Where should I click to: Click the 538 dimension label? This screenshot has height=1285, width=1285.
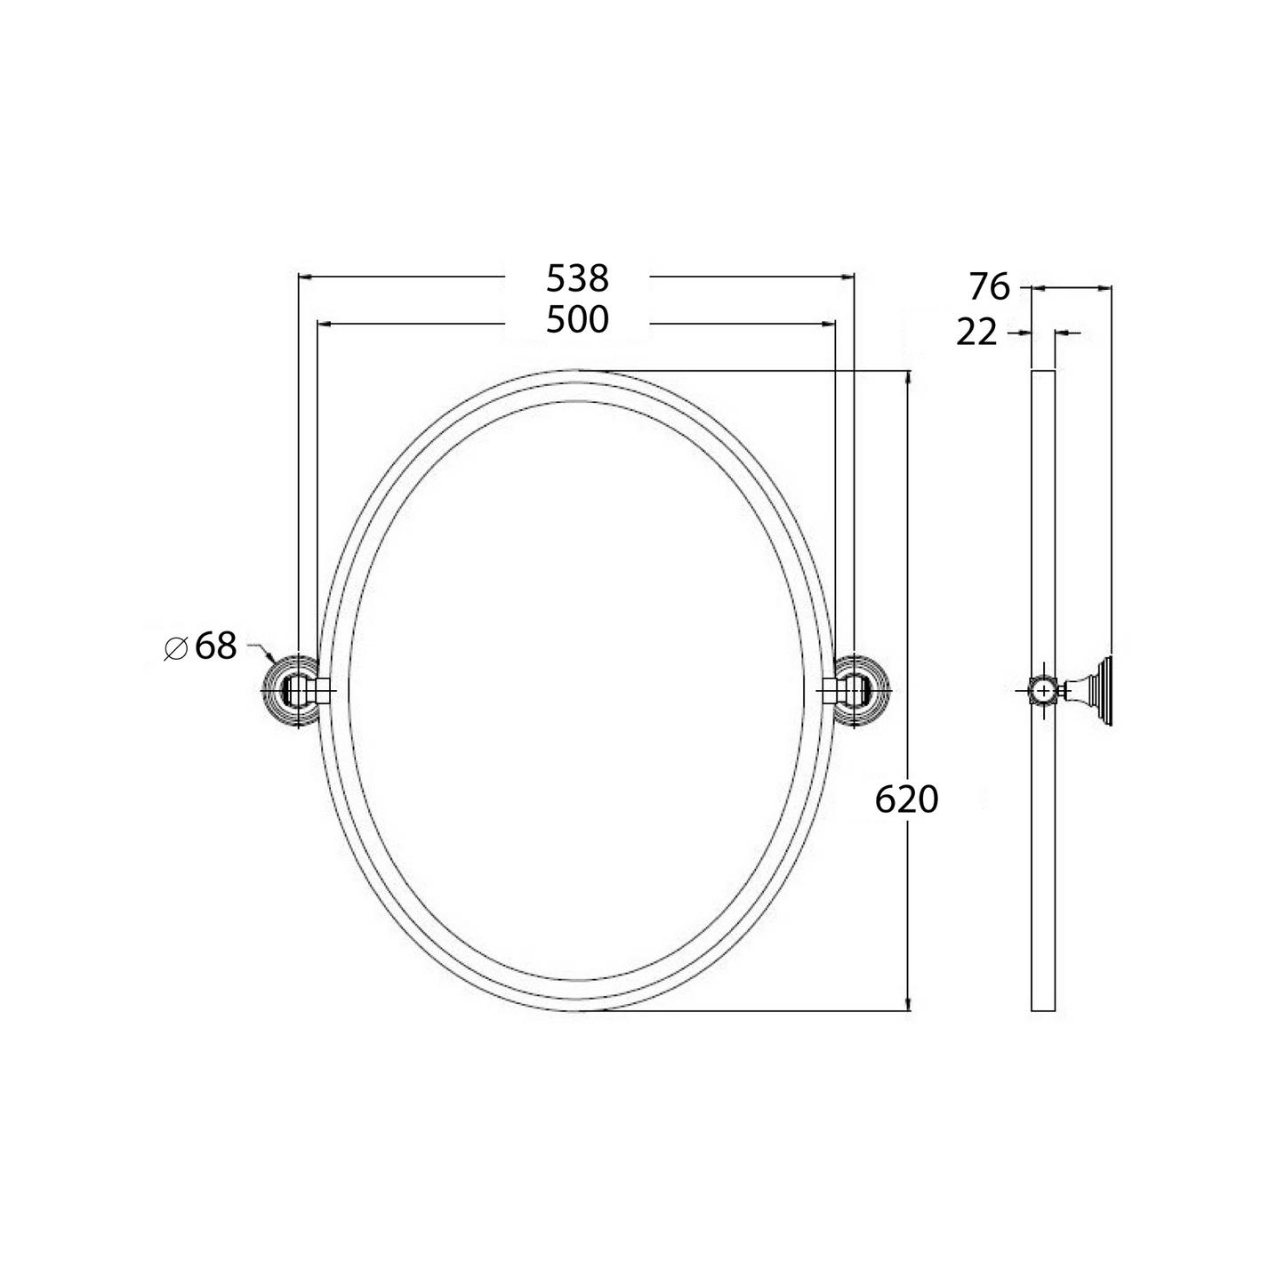click(x=577, y=278)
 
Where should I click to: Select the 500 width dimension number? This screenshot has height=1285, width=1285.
click(x=577, y=320)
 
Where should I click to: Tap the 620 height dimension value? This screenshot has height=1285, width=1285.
click(x=906, y=800)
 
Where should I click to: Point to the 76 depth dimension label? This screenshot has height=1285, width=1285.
click(x=989, y=287)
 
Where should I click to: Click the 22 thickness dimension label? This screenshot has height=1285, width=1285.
click(x=977, y=333)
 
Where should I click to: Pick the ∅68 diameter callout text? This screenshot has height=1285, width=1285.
click(x=202, y=647)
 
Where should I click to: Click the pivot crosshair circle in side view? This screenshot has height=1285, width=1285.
click(x=1041, y=690)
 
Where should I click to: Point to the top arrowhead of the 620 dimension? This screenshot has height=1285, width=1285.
click(x=907, y=377)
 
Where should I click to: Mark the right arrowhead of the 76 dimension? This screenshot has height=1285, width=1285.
click(x=1105, y=287)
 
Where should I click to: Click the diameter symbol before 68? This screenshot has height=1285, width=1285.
click(x=175, y=648)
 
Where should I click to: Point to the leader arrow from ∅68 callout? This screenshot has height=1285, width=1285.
click(x=269, y=656)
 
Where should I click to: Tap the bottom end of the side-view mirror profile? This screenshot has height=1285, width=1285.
click(x=1043, y=1008)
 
